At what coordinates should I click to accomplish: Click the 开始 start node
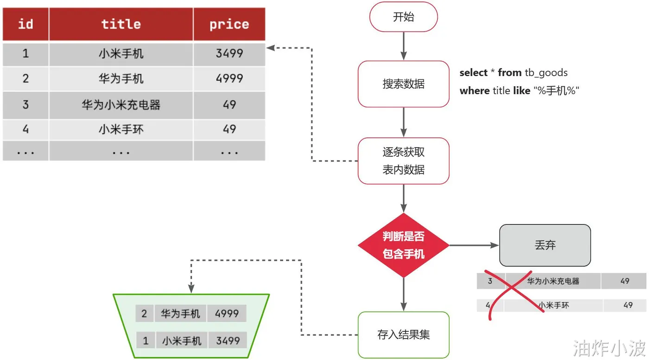click(403, 17)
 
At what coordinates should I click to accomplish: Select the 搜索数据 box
click(403, 84)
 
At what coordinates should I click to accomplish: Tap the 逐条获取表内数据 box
click(403, 161)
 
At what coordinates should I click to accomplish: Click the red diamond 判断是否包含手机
click(403, 245)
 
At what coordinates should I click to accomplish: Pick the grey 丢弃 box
click(545, 245)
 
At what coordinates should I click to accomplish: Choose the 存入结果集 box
click(403, 334)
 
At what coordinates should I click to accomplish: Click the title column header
click(121, 24)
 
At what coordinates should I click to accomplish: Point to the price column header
click(229, 24)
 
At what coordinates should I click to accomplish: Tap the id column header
click(25, 24)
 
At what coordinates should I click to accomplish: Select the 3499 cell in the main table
click(229, 53)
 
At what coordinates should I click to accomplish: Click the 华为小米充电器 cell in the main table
click(121, 105)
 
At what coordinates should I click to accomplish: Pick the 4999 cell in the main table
click(229, 78)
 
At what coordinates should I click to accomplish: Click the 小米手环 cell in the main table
click(121, 129)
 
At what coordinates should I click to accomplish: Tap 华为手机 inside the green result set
click(180, 314)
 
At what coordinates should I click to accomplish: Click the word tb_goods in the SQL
click(546, 73)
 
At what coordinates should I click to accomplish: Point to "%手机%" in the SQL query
click(556, 91)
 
